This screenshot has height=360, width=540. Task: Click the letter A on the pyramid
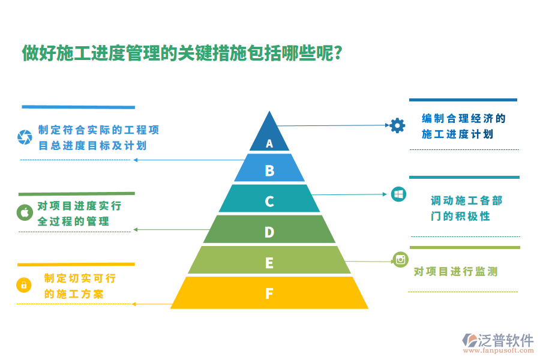(269, 143)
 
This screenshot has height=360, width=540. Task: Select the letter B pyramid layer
(269, 171)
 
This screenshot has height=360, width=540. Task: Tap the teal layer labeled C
(269, 201)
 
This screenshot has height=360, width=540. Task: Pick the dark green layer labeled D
(269, 232)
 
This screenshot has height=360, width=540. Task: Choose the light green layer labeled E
(269, 262)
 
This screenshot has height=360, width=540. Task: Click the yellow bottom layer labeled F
(269, 293)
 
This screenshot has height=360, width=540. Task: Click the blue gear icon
(397, 125)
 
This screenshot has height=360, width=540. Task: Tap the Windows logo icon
(398, 194)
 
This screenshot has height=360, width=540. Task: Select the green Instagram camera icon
(400, 259)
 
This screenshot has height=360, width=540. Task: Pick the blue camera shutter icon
(25, 137)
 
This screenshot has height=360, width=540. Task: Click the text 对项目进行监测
(455, 272)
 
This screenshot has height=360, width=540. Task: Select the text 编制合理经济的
(464, 118)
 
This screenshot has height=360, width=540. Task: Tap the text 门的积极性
(460, 216)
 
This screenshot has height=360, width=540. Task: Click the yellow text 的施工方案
(74, 294)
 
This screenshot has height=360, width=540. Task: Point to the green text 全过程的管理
(73, 221)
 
